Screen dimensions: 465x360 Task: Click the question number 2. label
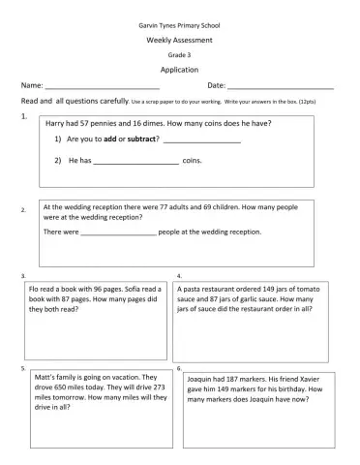coord(23,209)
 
